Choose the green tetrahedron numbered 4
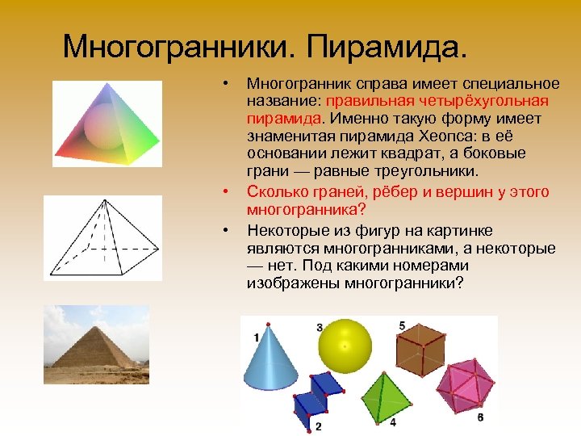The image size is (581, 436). (x=382, y=392)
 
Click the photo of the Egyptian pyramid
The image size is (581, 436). (x=96, y=344)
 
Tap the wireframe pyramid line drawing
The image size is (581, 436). (x=102, y=238)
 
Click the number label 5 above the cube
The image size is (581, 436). (x=402, y=325)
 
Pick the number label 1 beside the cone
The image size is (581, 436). (x=257, y=337)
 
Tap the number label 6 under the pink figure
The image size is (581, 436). (x=480, y=417)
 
